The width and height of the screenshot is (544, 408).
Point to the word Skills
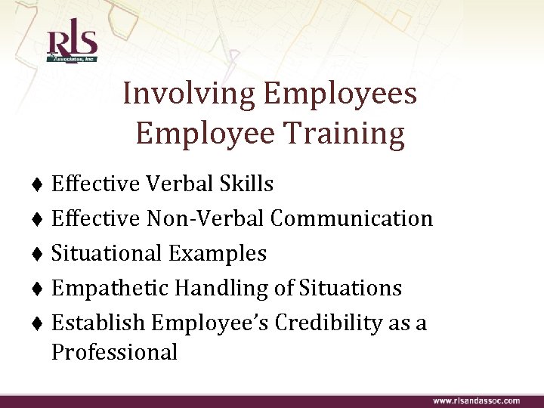[249, 184]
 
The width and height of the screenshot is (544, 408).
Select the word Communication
[351, 218]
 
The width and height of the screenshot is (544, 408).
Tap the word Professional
[114, 351]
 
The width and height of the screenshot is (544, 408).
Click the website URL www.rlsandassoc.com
[476, 400]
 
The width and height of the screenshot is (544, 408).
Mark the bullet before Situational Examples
[38, 254]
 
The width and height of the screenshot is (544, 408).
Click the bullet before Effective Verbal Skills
[38, 184]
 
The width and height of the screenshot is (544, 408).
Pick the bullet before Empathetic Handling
[38, 289]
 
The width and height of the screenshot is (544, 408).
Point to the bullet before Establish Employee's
[38, 323]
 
